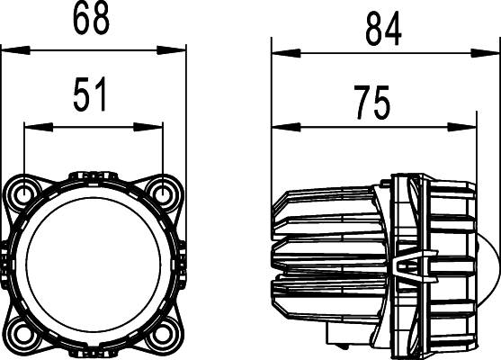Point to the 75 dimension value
pos(371,104)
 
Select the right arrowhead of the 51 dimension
pos(157,127)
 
